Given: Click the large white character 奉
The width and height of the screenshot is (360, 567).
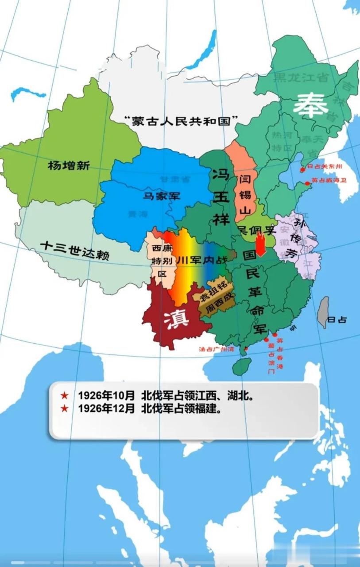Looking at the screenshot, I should click(311, 105).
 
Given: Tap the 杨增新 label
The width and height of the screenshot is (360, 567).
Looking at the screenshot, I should click(69, 166).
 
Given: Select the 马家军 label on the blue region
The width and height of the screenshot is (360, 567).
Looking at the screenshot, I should click(161, 195).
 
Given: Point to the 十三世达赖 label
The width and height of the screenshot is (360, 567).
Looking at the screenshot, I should click(74, 250).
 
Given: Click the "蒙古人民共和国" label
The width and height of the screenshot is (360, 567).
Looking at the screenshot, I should click(181, 120).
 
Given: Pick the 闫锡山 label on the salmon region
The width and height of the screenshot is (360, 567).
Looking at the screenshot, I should click(245, 195).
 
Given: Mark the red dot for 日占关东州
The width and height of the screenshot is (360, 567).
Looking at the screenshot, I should click(303, 169).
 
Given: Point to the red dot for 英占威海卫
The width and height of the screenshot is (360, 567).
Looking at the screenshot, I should click(308, 183).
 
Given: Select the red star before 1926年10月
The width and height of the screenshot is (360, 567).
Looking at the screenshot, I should click(65, 395).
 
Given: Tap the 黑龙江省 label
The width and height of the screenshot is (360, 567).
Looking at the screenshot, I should click(301, 78).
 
